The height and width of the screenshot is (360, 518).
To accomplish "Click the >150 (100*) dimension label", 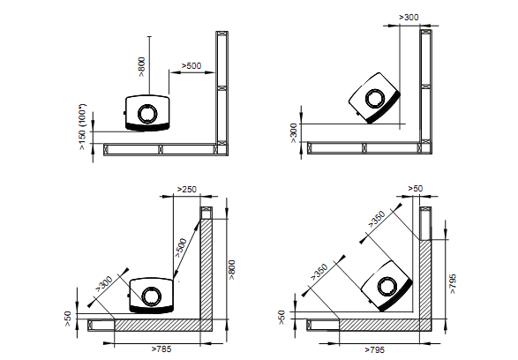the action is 83,127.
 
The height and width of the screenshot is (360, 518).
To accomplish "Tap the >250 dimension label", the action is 187,189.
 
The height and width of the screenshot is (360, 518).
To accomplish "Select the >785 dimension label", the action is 161,349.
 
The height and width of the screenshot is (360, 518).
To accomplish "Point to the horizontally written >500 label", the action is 191,65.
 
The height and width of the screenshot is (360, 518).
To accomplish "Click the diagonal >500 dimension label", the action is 181,248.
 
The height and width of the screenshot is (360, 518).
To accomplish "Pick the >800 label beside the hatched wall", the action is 231,270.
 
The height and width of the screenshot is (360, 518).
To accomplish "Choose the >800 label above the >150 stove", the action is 141,67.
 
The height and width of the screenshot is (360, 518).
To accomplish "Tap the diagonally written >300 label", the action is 104,284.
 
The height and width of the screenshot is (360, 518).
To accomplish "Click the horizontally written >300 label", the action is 409,17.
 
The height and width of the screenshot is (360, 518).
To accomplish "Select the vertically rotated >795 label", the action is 453,283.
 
